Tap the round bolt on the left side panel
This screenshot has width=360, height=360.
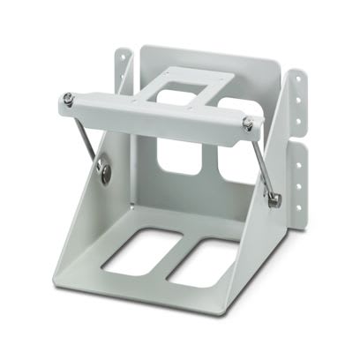click(107, 173)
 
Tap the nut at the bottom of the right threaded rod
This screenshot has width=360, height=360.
click(274, 201)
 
